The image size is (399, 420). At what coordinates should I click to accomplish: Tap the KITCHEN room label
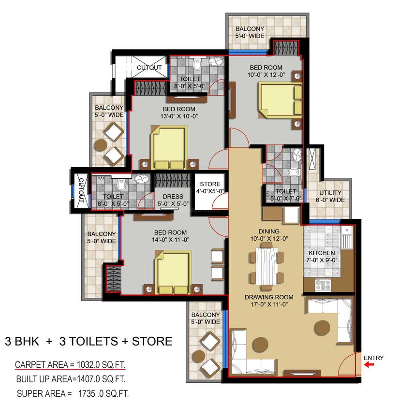pos(322,253)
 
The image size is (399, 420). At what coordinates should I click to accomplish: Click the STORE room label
pos(210,184)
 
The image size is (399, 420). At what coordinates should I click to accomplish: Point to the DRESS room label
pos(173,196)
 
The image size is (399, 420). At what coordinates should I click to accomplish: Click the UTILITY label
pos(330,193)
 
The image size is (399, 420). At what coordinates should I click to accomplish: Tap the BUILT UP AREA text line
pos(73,378)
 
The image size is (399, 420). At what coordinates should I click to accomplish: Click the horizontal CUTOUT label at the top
pos(149,68)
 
